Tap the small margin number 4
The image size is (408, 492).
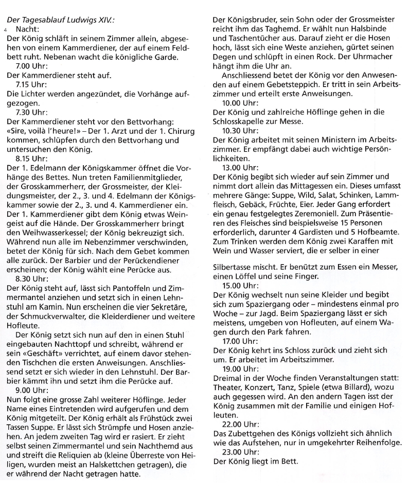pos(5,29)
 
